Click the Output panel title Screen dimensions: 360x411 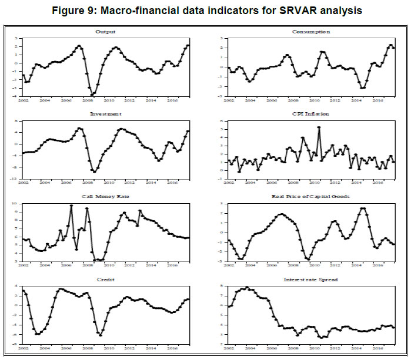(108, 31)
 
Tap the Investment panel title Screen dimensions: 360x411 (108, 115)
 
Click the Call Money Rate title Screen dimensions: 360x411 (108, 198)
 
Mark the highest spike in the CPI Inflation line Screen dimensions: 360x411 (319, 127)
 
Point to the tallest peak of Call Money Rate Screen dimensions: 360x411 (72, 206)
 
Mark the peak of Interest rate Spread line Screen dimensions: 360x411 (247, 288)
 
